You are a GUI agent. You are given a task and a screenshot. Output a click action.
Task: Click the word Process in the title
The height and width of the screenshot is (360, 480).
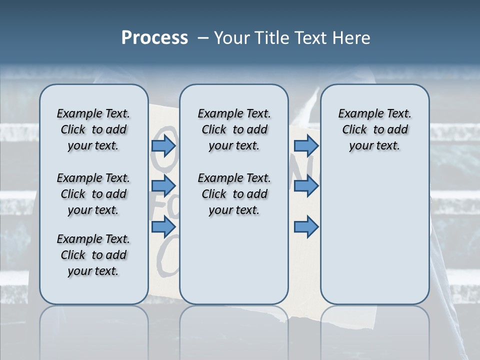click(154, 38)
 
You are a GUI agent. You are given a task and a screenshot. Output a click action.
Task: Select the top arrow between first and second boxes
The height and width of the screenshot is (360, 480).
click(163, 146)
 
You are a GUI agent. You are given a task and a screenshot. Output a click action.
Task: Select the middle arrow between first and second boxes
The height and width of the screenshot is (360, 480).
click(163, 186)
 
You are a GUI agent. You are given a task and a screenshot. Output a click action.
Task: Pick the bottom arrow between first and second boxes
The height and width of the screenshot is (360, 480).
click(163, 227)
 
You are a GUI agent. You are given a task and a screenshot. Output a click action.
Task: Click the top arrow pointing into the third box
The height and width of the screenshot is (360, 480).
click(306, 146)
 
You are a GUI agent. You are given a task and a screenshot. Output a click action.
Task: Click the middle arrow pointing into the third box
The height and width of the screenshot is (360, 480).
click(306, 186)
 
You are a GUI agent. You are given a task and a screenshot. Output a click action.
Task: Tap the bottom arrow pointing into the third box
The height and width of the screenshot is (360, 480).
click(306, 227)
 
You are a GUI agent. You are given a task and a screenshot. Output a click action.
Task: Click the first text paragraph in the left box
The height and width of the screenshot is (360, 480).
click(93, 129)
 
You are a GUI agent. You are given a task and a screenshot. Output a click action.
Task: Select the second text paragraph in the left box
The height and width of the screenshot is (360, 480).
click(93, 194)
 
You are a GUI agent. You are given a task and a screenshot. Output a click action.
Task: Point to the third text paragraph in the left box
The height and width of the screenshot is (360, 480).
click(93, 255)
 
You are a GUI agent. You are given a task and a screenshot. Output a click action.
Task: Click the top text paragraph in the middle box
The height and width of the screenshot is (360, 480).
click(234, 129)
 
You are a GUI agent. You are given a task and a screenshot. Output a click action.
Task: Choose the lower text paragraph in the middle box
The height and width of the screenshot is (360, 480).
click(234, 194)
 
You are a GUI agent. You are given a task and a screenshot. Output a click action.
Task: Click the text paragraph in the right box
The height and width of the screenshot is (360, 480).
click(374, 129)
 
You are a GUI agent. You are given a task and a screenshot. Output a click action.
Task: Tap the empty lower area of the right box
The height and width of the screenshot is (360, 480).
click(374, 235)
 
